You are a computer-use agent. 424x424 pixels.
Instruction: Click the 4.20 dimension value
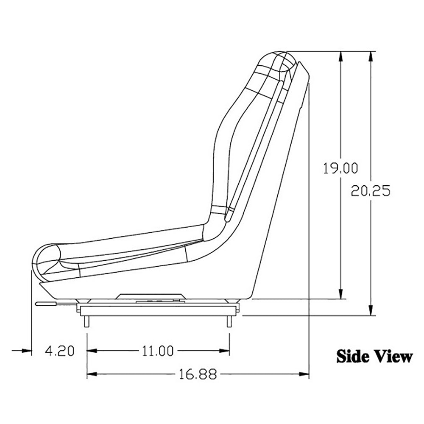tap(59, 351)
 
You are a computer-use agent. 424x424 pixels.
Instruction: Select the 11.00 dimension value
tap(158, 351)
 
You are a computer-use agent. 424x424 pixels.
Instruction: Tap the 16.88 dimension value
tap(196, 375)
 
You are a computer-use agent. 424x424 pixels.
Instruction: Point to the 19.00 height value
tap(340, 169)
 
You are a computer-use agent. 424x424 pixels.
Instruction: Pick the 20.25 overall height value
tap(371, 191)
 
